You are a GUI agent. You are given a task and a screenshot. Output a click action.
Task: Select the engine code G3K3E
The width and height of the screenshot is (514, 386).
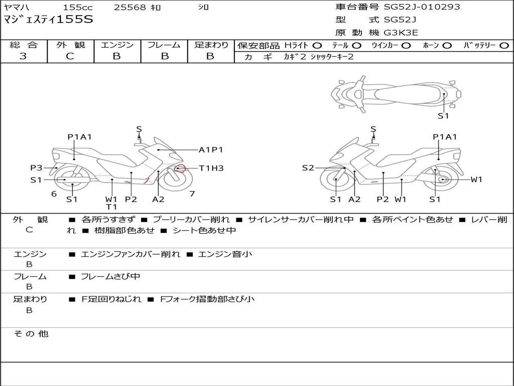(x=401, y=33)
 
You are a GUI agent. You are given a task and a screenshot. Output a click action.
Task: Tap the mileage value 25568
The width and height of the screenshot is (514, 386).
(x=130, y=8)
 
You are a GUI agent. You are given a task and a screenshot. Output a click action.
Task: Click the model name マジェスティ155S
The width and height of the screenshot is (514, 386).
(x=48, y=20)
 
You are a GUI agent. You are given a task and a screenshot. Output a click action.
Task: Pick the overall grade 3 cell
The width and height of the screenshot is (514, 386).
(x=23, y=56)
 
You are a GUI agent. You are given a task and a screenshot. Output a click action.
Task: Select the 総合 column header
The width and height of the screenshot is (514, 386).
(x=24, y=45)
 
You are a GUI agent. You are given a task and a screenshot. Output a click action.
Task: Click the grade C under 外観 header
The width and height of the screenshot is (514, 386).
(x=70, y=56)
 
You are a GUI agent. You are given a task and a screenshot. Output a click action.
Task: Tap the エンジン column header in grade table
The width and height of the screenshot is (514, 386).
(x=117, y=45)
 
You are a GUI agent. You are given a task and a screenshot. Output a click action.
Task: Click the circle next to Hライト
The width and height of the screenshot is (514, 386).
(x=317, y=46)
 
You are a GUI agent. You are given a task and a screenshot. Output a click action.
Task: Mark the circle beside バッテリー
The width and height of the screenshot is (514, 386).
(x=503, y=46)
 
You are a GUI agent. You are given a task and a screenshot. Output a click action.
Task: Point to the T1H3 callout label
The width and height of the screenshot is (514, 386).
(x=211, y=168)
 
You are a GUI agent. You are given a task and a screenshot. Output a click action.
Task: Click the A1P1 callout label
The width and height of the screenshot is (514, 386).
(x=211, y=150)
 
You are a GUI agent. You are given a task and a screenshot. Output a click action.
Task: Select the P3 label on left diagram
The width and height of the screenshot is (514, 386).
(x=36, y=168)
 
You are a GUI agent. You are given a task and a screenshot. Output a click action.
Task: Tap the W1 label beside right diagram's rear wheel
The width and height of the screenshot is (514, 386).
(x=476, y=179)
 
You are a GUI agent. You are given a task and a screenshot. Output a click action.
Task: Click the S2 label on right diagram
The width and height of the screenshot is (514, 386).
(x=308, y=168)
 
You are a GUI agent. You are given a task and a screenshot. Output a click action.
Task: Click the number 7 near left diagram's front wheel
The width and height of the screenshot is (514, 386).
(x=192, y=194)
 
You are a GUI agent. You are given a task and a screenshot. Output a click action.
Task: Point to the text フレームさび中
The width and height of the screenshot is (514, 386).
(x=110, y=276)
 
